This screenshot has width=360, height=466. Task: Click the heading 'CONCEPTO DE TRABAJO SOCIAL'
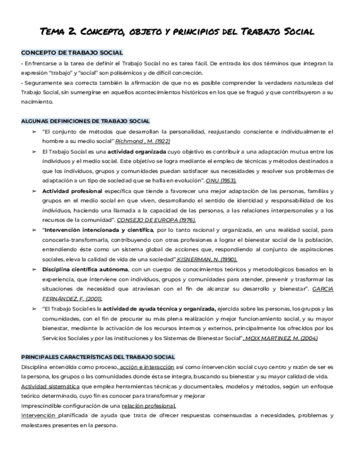72,53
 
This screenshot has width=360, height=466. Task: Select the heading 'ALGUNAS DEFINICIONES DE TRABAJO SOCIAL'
85,121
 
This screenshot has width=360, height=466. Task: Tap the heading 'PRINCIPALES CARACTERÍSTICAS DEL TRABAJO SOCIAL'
98,357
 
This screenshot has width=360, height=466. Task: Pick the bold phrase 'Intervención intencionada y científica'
98,230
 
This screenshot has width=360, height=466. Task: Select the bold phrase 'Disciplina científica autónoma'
85,269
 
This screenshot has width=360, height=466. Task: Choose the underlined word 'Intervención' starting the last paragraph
38,415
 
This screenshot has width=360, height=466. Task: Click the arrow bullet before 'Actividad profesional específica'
34,191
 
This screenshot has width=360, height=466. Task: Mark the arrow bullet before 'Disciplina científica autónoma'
34,269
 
